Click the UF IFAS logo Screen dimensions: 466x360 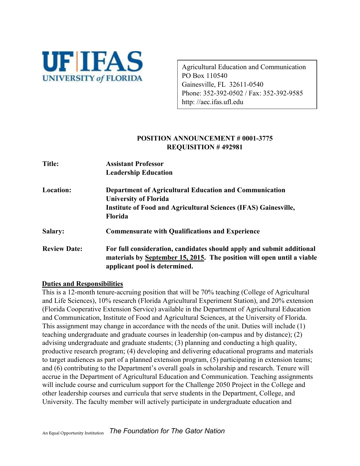(x=92, y=67)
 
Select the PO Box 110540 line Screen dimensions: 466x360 (x=204, y=76)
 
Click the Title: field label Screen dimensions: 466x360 (x=51, y=164)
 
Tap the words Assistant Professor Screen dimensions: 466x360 (x=135, y=164)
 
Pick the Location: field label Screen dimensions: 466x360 (x=57, y=190)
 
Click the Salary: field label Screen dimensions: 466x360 (x=53, y=231)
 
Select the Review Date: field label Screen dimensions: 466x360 (x=62, y=249)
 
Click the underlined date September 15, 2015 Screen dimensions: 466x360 (x=174, y=258)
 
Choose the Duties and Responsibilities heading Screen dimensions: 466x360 (x=82, y=284)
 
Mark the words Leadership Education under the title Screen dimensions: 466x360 (x=139, y=173)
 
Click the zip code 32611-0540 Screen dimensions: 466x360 (x=246, y=84)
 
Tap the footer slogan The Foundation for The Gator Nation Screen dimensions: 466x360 (x=167, y=431)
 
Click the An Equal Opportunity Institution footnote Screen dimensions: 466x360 (x=73, y=433)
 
